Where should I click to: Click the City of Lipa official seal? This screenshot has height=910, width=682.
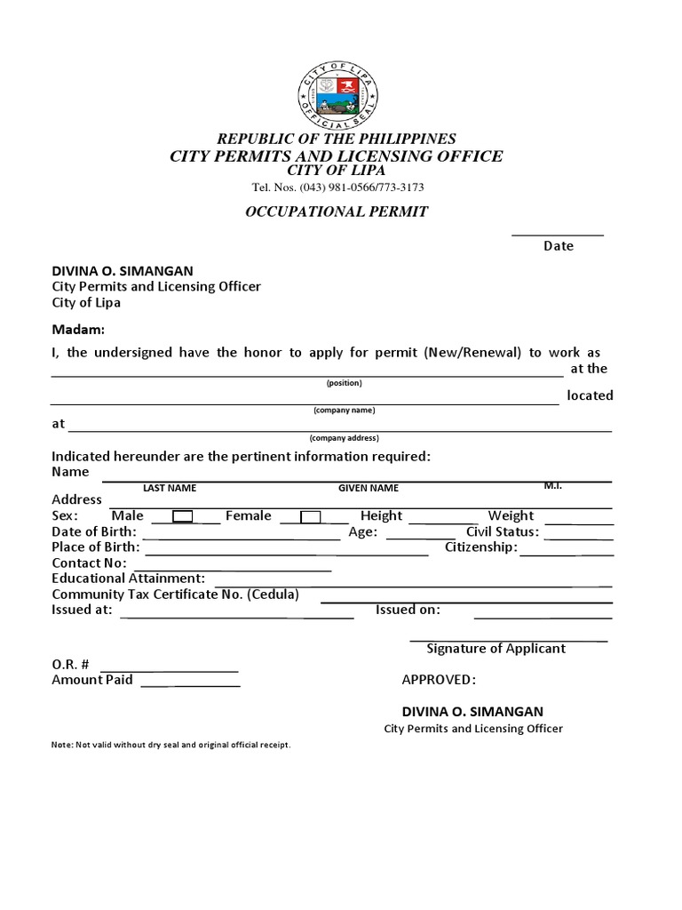click(337, 96)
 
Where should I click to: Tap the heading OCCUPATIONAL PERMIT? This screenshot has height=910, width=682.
click(337, 212)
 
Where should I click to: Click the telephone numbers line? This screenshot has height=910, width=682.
click(337, 188)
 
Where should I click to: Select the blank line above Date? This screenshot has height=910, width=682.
click(558, 235)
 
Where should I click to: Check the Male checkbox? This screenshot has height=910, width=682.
click(183, 516)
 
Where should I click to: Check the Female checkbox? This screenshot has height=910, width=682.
click(311, 516)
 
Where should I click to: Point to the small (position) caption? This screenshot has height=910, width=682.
click(344, 383)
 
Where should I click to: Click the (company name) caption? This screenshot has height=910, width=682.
click(344, 411)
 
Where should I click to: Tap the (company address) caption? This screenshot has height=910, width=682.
click(344, 438)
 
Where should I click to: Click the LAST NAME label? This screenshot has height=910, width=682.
click(170, 488)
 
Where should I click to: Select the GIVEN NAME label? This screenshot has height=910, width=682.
click(369, 488)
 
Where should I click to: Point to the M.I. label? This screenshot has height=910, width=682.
click(553, 486)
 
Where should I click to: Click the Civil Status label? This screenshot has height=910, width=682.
click(503, 531)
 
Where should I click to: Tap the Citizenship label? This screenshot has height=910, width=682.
click(480, 547)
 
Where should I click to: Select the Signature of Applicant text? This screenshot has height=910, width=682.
click(496, 649)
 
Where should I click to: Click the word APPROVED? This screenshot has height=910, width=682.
click(439, 680)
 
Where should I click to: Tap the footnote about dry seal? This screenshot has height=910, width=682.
click(171, 745)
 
